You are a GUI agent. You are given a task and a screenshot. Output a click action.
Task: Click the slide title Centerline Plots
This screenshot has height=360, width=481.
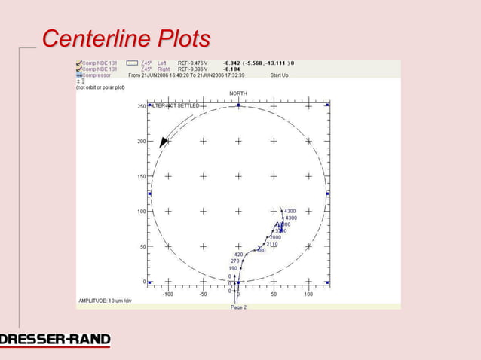pyautogui.click(x=126, y=38)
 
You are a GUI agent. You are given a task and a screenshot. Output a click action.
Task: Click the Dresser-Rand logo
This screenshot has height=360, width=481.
pyautogui.click(x=55, y=340)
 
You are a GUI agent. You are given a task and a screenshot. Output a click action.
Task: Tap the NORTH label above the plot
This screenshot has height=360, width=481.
pyautogui.click(x=238, y=93)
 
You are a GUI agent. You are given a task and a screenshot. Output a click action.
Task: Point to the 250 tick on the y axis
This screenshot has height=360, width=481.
pyautogui.click(x=141, y=106)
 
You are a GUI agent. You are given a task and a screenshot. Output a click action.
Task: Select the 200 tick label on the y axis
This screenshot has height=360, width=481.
pyautogui.click(x=141, y=142)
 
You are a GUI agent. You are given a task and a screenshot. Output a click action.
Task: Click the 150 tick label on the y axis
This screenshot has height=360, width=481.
pyautogui.click(x=141, y=176)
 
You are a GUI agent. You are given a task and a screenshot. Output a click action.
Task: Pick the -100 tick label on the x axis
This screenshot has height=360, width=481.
pyautogui.click(x=167, y=294)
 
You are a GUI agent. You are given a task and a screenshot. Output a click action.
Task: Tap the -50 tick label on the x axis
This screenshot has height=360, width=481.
pyautogui.click(x=203, y=294)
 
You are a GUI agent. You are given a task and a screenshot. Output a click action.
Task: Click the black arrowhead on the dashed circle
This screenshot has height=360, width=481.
pyautogui.click(x=163, y=142)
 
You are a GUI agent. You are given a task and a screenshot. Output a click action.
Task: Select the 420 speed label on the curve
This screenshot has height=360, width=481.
pyautogui.click(x=238, y=255)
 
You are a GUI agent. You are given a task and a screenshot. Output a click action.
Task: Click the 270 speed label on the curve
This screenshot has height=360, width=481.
pyautogui.click(x=234, y=261)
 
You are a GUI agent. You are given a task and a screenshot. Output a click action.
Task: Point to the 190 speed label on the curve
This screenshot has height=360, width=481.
pyautogui.click(x=233, y=268)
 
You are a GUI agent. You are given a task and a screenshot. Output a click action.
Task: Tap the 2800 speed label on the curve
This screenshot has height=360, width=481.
pyautogui.click(x=275, y=238)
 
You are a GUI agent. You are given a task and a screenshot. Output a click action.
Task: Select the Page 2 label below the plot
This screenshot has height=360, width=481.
pyautogui.click(x=238, y=307)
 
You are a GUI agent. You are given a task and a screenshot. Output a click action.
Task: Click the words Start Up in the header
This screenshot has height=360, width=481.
pyautogui.click(x=279, y=75)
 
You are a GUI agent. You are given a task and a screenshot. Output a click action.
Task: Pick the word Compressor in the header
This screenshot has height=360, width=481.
pyautogui.click(x=97, y=75)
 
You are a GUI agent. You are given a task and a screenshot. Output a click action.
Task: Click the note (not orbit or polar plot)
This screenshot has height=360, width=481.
pyautogui.click(x=100, y=87)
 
